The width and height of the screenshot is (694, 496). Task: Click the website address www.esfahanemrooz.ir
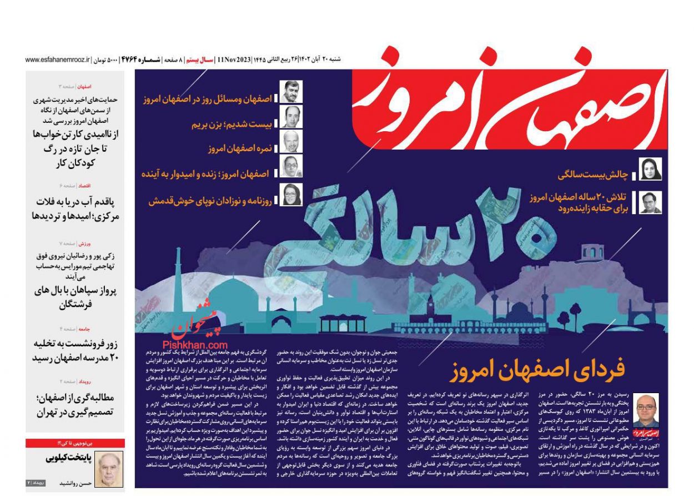pyautogui.click(x=58, y=59)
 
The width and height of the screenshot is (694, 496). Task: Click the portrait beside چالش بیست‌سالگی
pyautogui.click(x=650, y=169)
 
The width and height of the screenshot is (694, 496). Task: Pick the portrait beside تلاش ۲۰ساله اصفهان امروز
pyautogui.click(x=650, y=202)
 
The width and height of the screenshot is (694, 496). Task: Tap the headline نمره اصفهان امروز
pyautogui.click(x=238, y=149)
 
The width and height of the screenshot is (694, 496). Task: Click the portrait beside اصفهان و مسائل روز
pyautogui.click(x=290, y=92)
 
